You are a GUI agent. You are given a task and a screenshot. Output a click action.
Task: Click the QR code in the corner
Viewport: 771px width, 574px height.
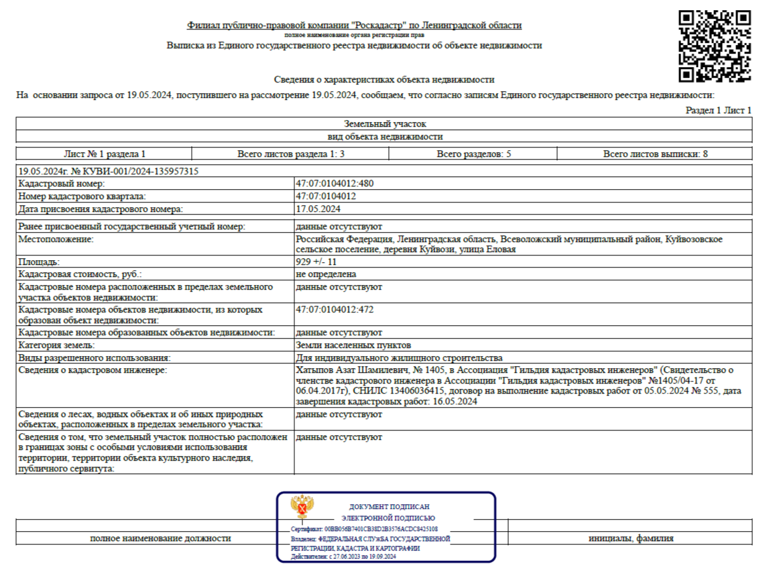coord(714,46)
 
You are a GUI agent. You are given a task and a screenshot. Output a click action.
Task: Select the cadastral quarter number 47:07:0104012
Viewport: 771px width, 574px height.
coord(325,196)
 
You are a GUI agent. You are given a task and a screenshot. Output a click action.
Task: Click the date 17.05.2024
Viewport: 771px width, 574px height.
coord(318,209)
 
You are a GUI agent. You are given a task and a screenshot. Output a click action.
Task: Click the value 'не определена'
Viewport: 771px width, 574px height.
coord(326,274)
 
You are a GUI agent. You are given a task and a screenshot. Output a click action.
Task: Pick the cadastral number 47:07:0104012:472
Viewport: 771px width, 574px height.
coord(334,310)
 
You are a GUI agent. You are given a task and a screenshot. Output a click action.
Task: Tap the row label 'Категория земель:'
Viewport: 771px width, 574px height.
coord(57,345)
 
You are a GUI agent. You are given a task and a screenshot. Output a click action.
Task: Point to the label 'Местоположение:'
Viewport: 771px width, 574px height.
coord(56,239)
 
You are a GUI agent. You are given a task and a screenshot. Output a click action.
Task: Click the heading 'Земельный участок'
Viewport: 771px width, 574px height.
coord(385,124)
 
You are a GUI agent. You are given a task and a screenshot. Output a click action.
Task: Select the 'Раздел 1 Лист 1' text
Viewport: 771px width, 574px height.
coord(719,110)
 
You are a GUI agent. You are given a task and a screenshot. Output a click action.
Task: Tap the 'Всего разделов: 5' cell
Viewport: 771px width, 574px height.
coord(473,154)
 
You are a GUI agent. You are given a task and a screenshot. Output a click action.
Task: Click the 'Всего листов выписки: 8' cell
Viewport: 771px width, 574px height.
coord(655,154)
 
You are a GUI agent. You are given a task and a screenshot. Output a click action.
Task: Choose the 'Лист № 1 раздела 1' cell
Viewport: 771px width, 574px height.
coord(104,154)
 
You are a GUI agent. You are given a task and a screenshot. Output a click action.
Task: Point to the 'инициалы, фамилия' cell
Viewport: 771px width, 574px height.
coord(631,538)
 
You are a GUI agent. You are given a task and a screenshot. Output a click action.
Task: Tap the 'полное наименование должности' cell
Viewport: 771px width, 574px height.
coord(160,538)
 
